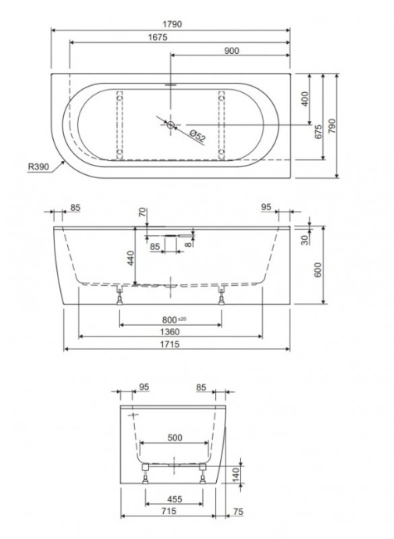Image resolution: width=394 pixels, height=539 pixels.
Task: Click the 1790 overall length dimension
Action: [172, 24]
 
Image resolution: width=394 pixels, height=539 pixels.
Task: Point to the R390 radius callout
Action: [38, 166]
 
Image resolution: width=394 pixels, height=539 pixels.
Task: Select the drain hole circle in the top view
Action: [172, 123]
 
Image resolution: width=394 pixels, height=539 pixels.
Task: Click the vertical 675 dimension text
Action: [318, 130]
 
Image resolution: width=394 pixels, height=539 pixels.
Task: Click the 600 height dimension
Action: [318, 269]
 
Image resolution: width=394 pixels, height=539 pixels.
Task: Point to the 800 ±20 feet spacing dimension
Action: [169, 319]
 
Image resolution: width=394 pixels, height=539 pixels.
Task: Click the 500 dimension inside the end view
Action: [176, 438]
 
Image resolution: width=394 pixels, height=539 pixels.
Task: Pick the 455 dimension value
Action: [176, 499]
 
